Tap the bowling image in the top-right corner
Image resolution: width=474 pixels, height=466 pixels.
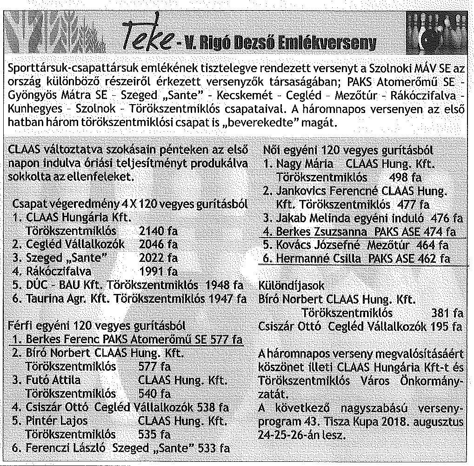point(436,33)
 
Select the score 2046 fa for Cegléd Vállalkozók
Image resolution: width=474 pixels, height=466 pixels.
point(158,244)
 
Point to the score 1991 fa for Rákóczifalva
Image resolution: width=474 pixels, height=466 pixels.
point(158,271)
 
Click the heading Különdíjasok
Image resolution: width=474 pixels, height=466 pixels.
point(291,286)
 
